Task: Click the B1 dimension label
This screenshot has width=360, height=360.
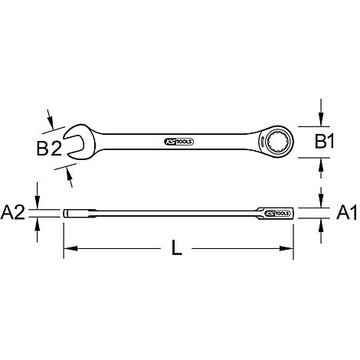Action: pyautogui.click(x=324, y=142)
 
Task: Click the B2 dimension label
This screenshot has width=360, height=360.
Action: pyautogui.click(x=49, y=149)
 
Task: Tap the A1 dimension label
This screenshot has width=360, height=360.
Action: pyautogui.click(x=347, y=213)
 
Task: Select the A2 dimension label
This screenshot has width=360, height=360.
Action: pyautogui.click(x=13, y=213)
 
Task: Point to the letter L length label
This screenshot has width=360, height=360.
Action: pyautogui.click(x=176, y=247)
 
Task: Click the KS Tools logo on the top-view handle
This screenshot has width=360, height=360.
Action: pyautogui.click(x=178, y=142)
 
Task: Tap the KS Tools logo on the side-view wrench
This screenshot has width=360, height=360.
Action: pyautogui.click(x=277, y=213)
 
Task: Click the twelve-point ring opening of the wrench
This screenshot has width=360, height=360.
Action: pyautogui.click(x=278, y=141)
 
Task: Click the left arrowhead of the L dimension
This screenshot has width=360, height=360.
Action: pyautogui.click(x=70, y=248)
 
